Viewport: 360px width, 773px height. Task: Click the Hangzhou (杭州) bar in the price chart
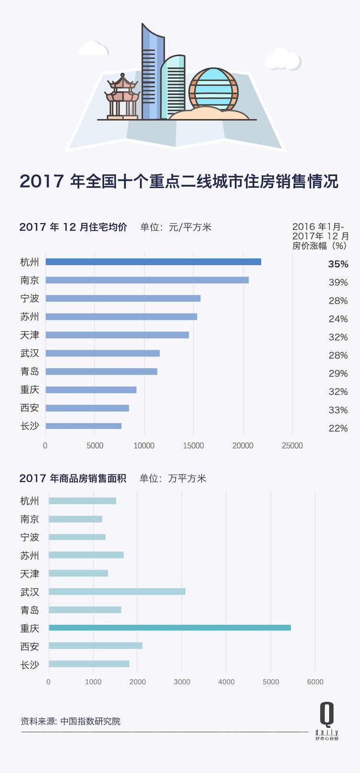(x=153, y=262)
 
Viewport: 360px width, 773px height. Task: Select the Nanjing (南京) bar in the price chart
(x=147, y=280)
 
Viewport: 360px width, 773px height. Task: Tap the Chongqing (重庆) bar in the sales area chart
(x=169, y=628)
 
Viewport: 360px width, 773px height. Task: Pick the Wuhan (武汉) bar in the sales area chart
(x=117, y=591)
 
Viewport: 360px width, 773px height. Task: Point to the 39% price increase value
(x=338, y=283)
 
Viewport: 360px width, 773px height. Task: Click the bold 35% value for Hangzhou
(x=338, y=264)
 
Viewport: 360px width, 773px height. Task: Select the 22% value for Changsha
(x=338, y=428)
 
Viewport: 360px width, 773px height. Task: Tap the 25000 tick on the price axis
(x=292, y=446)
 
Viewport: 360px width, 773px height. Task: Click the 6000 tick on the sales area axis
(x=315, y=682)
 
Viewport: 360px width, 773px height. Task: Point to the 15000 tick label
(x=193, y=446)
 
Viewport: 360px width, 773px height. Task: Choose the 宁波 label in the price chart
(x=30, y=298)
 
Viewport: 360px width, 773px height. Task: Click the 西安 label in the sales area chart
(x=30, y=647)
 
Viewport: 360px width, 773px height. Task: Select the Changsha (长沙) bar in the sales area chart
(x=89, y=664)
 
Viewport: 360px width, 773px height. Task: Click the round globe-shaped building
(x=213, y=89)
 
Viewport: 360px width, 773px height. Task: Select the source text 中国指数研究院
(x=90, y=721)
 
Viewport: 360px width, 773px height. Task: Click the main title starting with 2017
(x=179, y=181)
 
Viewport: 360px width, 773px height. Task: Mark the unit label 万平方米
(x=187, y=478)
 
